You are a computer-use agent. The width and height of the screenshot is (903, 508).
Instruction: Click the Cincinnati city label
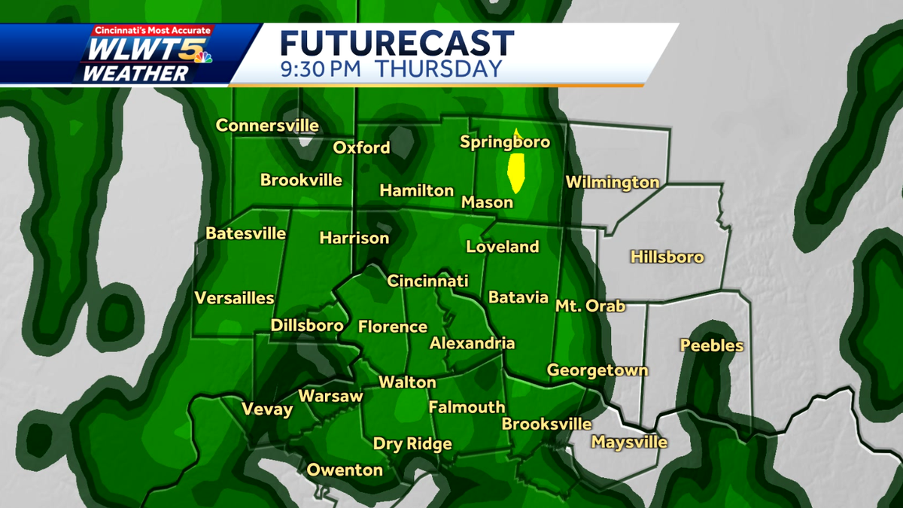click(427, 281)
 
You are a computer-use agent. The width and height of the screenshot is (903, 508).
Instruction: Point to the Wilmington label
click(612, 182)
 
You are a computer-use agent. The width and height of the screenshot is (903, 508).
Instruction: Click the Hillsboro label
click(667, 257)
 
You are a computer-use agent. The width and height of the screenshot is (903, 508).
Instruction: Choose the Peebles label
click(711, 346)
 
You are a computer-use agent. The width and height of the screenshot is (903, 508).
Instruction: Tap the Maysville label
click(629, 442)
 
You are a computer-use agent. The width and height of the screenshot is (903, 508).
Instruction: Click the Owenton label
click(345, 470)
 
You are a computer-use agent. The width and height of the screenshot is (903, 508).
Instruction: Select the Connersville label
click(267, 126)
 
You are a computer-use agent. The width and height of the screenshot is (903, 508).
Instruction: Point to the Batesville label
click(246, 234)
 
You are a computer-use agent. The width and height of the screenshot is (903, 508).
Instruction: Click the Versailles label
click(234, 298)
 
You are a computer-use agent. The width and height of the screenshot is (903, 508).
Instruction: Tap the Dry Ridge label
click(412, 444)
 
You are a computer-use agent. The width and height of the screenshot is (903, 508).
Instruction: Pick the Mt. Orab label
click(590, 306)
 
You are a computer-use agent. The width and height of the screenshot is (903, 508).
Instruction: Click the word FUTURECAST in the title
click(397, 44)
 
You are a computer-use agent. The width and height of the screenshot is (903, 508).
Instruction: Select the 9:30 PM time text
click(320, 69)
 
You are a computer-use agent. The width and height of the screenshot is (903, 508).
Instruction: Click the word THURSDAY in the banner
click(438, 69)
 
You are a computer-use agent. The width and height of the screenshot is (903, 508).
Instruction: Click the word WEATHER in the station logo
click(135, 74)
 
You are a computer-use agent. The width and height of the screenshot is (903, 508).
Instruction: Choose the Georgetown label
click(597, 370)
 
